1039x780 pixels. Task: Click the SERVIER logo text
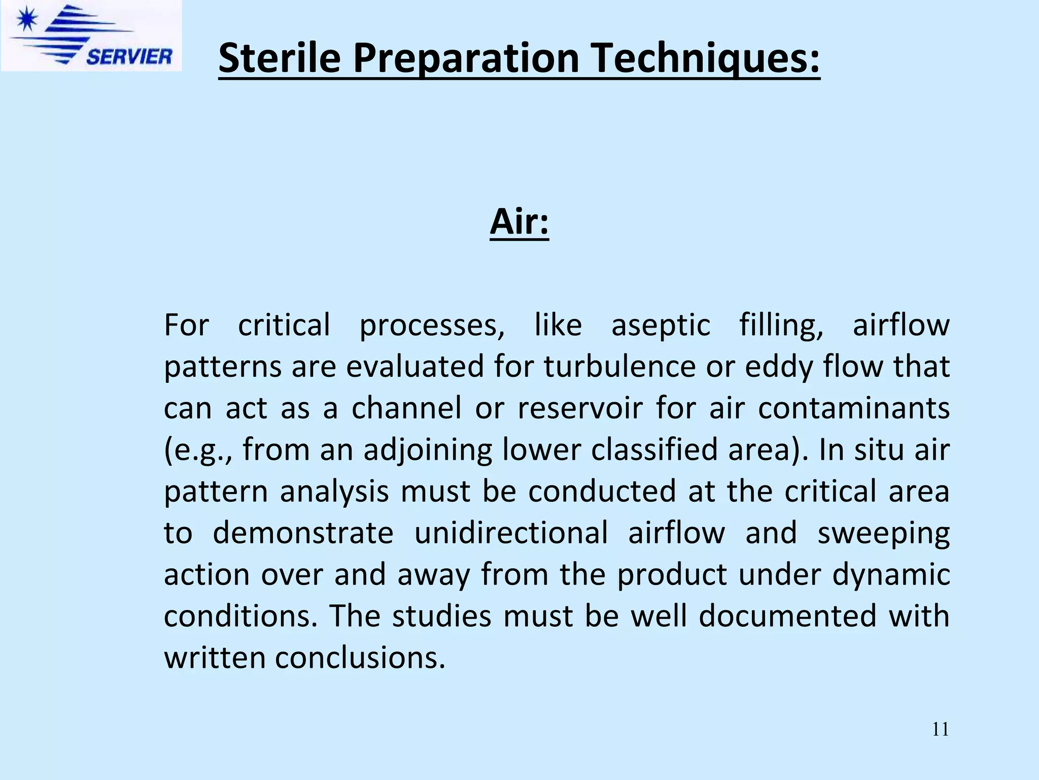[x=129, y=56]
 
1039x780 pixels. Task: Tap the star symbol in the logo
[x=26, y=21]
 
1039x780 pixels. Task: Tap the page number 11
[x=940, y=729]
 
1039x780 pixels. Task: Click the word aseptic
[x=661, y=325]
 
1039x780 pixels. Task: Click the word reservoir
[x=580, y=408]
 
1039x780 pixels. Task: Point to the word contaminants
[x=853, y=408]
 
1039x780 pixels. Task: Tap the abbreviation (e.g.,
[x=198, y=450]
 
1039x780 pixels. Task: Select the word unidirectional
[x=511, y=533]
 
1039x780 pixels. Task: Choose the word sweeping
[x=883, y=533]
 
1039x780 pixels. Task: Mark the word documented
[x=787, y=616]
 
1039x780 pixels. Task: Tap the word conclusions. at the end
[x=360, y=658]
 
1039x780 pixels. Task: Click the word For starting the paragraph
[x=186, y=325]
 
